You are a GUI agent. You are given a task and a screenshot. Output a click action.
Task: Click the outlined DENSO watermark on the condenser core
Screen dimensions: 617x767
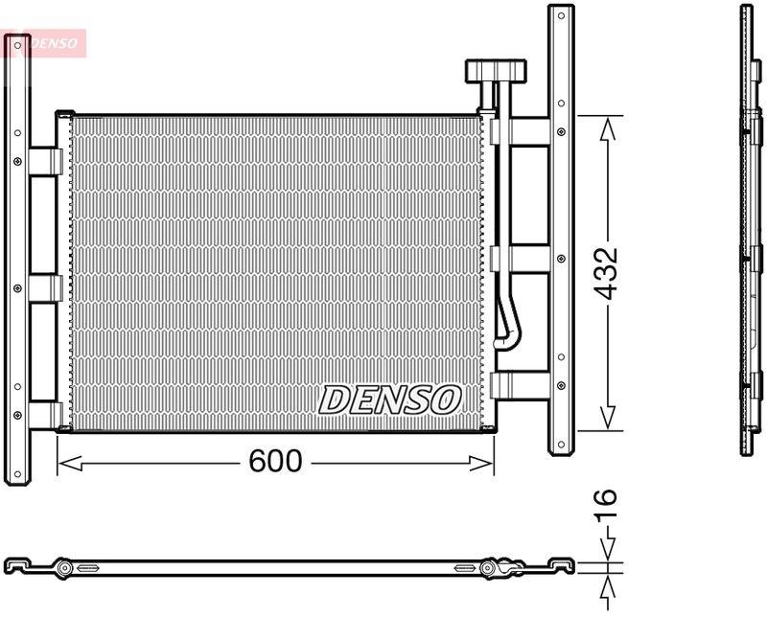click(x=390, y=400)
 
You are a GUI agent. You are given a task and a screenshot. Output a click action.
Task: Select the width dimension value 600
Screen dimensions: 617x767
click(x=275, y=462)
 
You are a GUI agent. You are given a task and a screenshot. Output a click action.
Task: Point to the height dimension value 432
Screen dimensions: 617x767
click(x=606, y=273)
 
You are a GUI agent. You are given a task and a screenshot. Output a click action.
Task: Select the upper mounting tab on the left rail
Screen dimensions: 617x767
click(x=44, y=161)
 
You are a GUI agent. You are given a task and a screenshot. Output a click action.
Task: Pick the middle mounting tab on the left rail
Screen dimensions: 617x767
click(x=44, y=288)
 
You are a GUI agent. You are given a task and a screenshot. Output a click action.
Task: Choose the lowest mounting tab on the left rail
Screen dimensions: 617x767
click(x=44, y=415)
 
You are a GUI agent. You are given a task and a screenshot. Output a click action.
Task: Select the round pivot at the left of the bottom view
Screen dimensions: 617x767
click(x=64, y=568)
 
